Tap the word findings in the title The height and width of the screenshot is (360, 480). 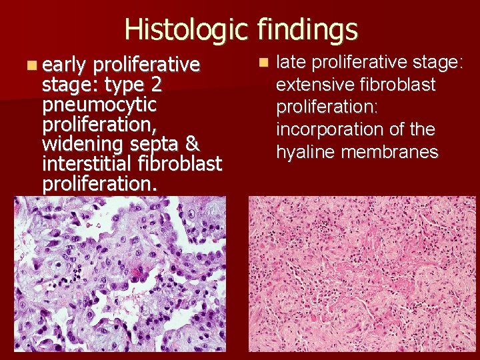(306, 29)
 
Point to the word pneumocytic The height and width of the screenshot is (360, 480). (99, 105)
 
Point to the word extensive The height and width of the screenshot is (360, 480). (317, 85)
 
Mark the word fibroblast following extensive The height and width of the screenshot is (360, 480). (398, 85)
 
